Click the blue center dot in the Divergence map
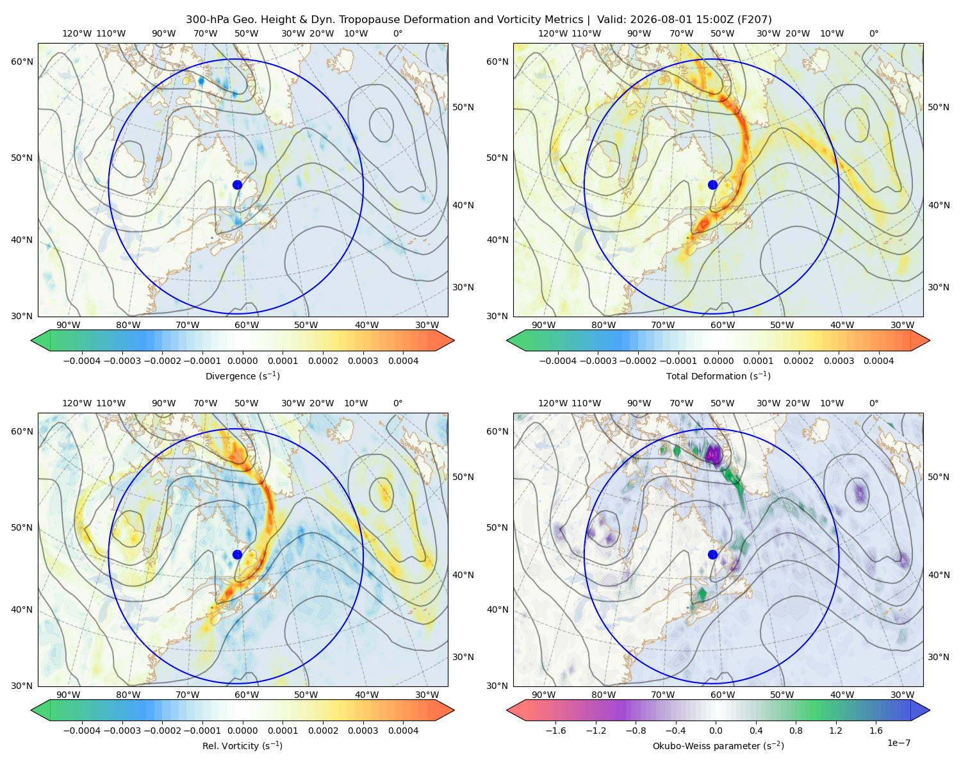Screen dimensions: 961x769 click(x=237, y=185)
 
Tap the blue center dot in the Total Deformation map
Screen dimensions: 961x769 click(x=712, y=185)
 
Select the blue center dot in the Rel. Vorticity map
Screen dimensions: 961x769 click(x=237, y=554)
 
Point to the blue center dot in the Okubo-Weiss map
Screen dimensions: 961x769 click(x=712, y=554)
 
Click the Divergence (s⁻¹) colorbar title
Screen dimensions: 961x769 click(x=242, y=376)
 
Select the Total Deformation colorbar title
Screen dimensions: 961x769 click(x=718, y=376)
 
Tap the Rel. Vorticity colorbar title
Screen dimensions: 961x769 click(x=242, y=746)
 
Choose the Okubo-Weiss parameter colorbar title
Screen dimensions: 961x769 click(x=718, y=746)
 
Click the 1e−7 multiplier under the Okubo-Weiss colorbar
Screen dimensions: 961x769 click(x=898, y=743)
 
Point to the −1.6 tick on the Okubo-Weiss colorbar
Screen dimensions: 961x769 click(x=555, y=731)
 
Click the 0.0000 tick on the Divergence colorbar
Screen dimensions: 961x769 click(x=242, y=361)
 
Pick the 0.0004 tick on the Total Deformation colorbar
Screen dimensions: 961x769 click(x=878, y=361)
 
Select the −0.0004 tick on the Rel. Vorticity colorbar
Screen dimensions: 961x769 click(x=82, y=731)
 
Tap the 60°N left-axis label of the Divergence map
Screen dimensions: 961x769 click(x=22, y=62)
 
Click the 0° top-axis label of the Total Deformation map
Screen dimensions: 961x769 click(x=873, y=33)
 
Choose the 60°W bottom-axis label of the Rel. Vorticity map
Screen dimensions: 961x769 click(x=247, y=695)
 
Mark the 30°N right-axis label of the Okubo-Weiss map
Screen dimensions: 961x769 click(x=939, y=657)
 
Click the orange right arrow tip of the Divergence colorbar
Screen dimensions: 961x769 click(x=454, y=340)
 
